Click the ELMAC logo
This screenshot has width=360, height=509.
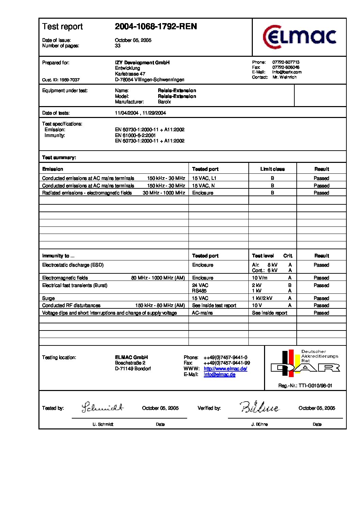299,37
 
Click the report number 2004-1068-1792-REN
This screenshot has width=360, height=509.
156,27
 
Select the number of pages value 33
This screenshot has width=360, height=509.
118,46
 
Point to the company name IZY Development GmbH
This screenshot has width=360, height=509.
142,63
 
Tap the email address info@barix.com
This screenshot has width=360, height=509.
287,72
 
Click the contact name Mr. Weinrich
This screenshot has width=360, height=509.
284,77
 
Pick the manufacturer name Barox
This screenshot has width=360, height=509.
164,102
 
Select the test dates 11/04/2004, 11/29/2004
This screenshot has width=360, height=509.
141,113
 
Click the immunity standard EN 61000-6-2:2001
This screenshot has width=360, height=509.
135,135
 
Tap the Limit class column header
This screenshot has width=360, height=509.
273,169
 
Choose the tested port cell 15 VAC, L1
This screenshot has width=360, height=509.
204,178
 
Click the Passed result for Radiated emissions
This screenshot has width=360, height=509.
321,193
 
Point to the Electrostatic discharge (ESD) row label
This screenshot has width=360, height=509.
73,265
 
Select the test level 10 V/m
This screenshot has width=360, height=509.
260,278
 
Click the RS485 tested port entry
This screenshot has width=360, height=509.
199,291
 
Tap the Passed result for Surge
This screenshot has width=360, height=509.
321,298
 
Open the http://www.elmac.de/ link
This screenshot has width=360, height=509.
225,369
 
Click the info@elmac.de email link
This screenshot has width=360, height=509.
219,374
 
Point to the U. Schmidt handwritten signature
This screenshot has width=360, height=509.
102,407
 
